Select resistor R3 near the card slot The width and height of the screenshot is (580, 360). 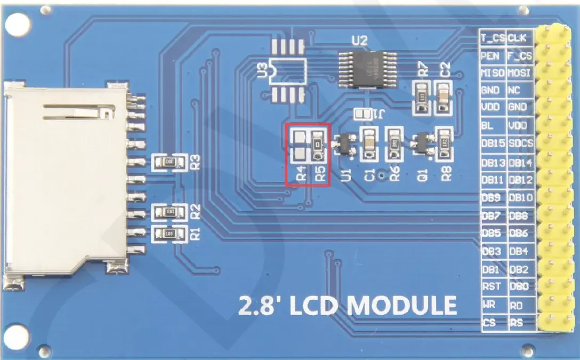[x=169, y=161]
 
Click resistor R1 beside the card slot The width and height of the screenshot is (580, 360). [x=169, y=234]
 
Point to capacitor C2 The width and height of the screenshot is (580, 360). [x=443, y=97]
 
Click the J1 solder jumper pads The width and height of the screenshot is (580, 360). [x=364, y=114]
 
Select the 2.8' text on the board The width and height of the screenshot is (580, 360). [x=259, y=306]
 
